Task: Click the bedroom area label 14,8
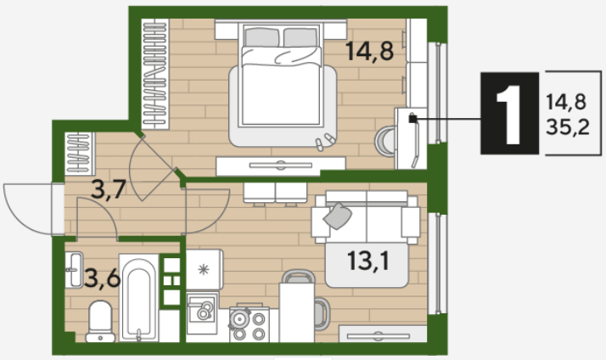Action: [x=369, y=52]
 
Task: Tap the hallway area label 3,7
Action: [x=109, y=189]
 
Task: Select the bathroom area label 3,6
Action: [x=102, y=278]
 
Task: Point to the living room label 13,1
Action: [x=368, y=261]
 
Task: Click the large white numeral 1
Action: [x=509, y=115]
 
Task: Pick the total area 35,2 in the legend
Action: [x=567, y=127]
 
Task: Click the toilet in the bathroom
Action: [x=100, y=322]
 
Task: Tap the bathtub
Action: [x=138, y=298]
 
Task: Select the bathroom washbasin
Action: [x=74, y=270]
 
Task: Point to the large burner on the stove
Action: [x=240, y=319]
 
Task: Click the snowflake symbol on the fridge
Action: [x=204, y=269]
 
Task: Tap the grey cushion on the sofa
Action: [x=338, y=216]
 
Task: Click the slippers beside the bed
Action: [x=324, y=142]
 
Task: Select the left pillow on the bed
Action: [x=261, y=38]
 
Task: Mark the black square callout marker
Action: [x=413, y=119]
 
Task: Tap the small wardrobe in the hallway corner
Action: [x=80, y=154]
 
